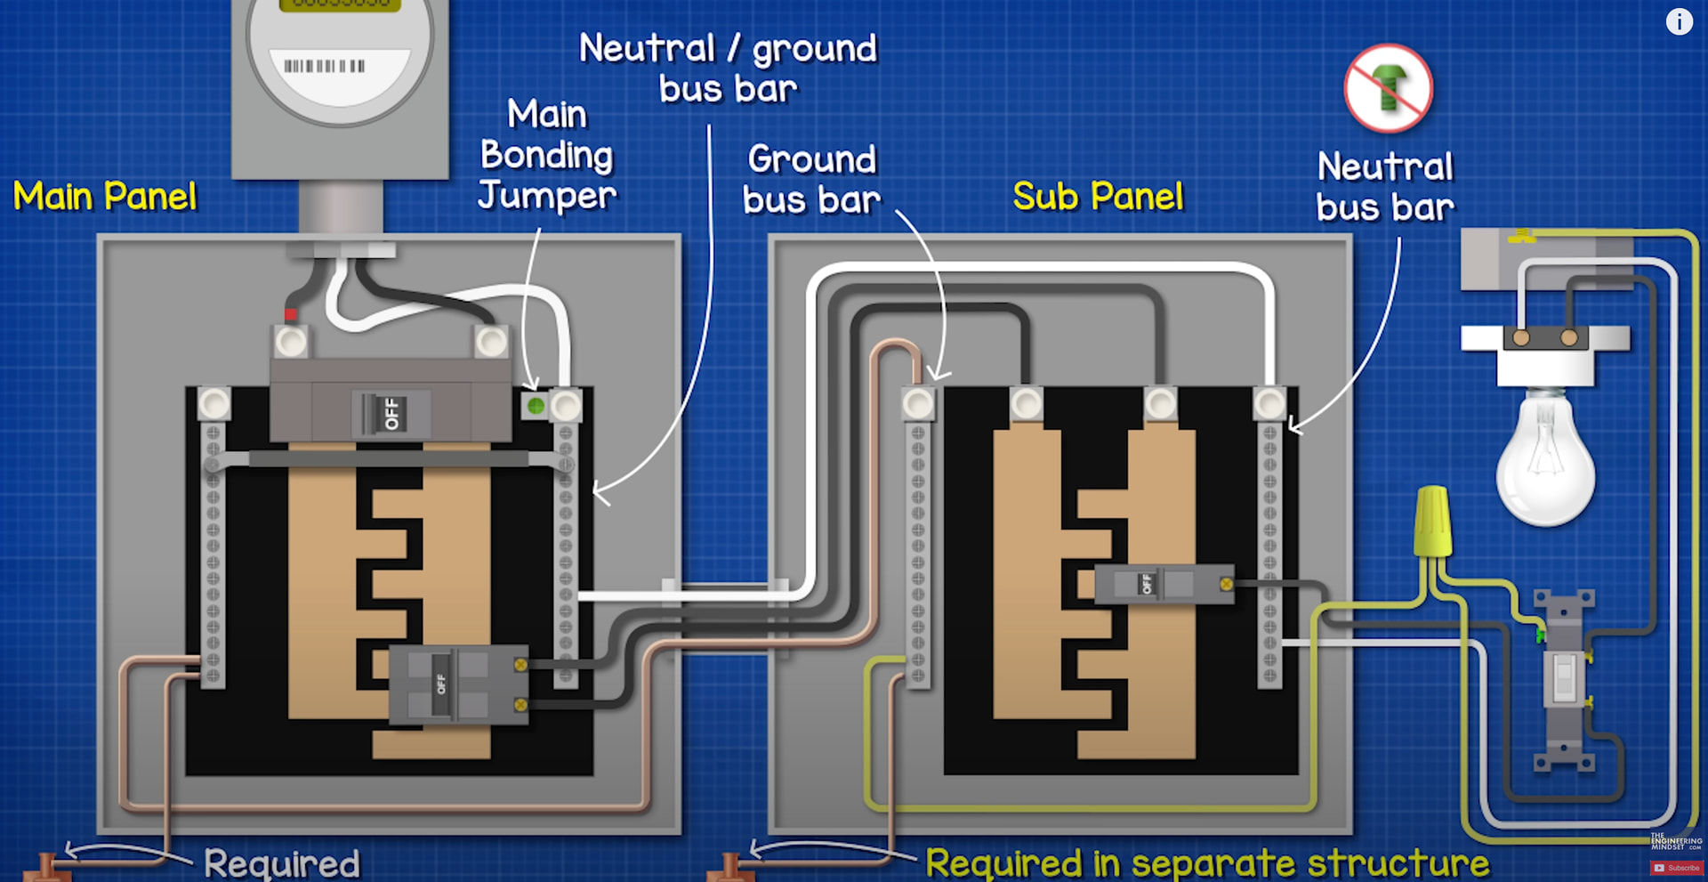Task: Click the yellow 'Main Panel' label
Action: click(105, 196)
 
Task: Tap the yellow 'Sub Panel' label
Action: click(1098, 196)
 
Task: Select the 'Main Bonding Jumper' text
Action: click(546, 155)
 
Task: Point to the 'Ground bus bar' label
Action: click(811, 180)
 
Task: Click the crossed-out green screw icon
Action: click(1388, 87)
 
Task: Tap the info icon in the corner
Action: click(1679, 21)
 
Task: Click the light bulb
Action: click(1546, 458)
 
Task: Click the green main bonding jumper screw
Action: click(536, 407)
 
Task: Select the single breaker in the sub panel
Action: click(1164, 585)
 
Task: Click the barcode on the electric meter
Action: click(325, 66)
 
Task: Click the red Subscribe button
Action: click(1676, 868)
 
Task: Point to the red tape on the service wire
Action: click(291, 314)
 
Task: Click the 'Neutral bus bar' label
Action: click(1385, 187)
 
